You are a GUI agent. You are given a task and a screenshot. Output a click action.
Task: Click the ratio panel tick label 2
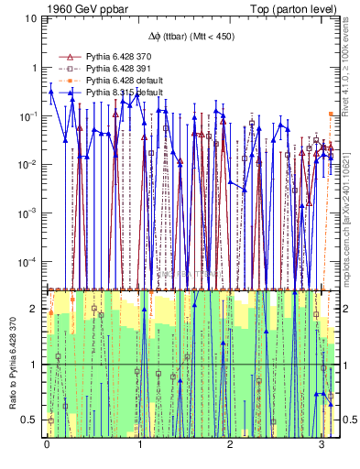click(37, 309)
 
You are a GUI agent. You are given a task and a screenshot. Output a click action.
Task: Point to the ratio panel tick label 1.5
click(33, 337)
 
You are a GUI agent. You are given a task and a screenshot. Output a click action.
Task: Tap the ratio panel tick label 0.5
click(33, 420)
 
